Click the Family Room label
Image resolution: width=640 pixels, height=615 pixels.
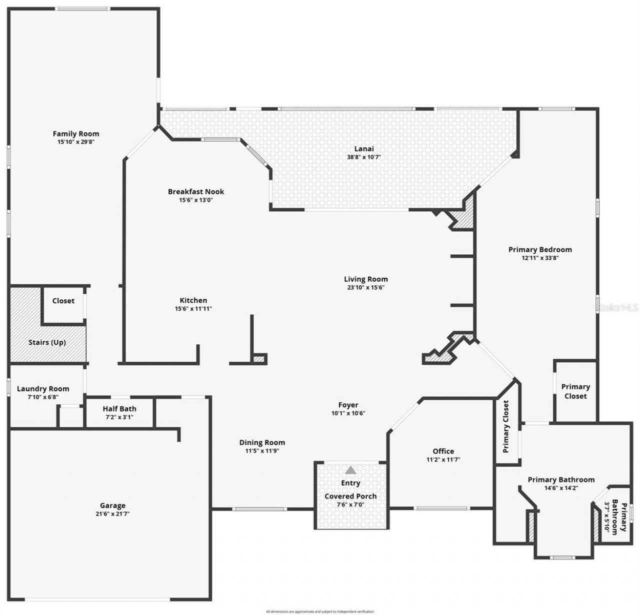coord(76,134)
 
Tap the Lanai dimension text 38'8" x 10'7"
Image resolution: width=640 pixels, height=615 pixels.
coord(363,157)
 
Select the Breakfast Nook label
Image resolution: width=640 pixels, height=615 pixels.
coord(196,192)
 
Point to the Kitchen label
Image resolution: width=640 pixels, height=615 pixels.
coord(193,300)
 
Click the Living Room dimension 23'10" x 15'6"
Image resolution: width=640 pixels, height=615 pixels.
coord(365,288)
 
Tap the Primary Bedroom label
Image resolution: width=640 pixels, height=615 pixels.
coord(540,249)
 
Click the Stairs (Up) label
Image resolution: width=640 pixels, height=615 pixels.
coord(47,342)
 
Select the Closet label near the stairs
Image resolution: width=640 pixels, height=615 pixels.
coord(63,301)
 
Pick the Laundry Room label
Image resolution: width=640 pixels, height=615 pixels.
coord(43,389)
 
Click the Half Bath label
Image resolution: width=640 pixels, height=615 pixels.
coord(119,409)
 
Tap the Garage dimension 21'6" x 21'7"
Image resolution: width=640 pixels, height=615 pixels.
coord(112,514)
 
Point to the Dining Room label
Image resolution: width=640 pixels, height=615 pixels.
coord(262,442)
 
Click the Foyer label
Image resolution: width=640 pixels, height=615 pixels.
coord(348,405)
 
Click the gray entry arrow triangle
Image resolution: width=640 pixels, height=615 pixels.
coord(351,470)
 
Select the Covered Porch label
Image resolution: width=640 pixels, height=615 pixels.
coord(350,496)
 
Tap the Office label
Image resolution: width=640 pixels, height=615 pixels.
coord(443,451)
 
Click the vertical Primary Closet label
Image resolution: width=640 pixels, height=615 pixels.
coord(505,426)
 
